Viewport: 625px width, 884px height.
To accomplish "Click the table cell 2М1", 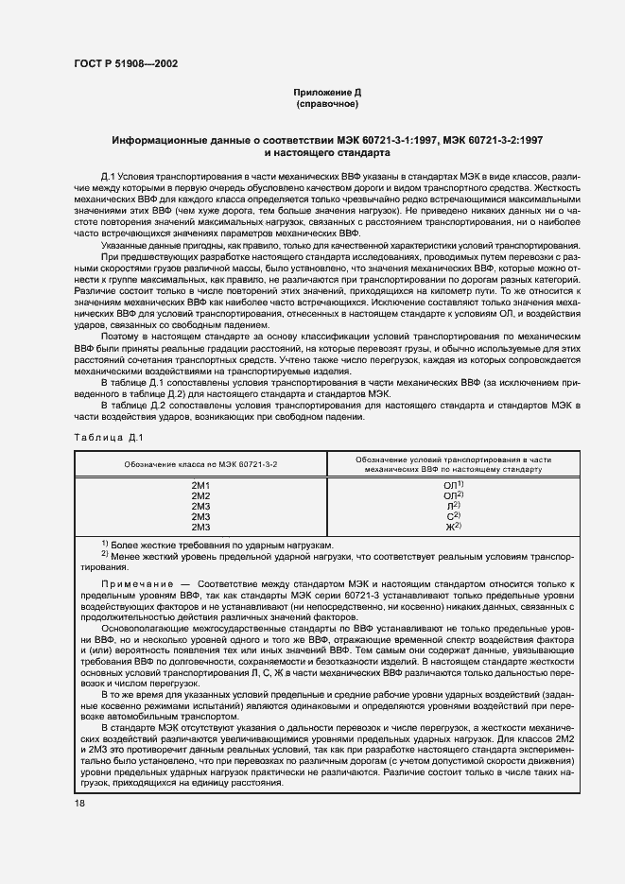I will (x=200, y=485).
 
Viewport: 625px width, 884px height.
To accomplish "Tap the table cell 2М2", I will (x=200, y=495).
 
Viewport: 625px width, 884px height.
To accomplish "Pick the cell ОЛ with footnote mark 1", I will (x=453, y=485).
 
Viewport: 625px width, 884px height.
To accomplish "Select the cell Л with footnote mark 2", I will (x=453, y=506).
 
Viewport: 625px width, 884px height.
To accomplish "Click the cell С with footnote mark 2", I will (x=453, y=516).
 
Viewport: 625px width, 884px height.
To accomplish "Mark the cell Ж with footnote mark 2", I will (x=453, y=527).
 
